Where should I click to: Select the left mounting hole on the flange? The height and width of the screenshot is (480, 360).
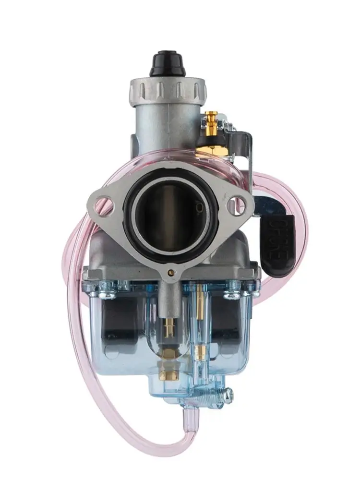point(105,207)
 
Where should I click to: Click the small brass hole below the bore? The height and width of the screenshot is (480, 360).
point(171,273)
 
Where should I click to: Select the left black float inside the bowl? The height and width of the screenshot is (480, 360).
point(120,326)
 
